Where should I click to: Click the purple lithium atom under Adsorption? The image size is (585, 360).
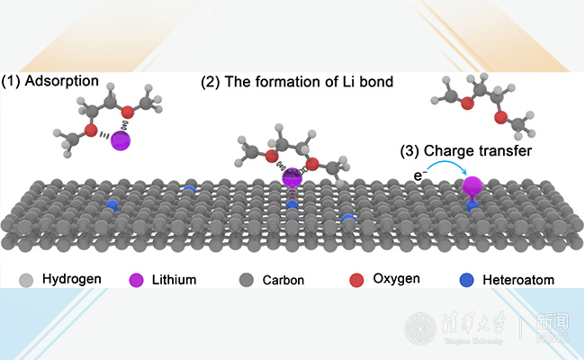[121, 140]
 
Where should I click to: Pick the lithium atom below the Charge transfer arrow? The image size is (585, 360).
[473, 187]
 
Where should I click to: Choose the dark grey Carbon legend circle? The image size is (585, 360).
[246, 280]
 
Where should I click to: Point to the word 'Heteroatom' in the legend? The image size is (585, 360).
[517, 280]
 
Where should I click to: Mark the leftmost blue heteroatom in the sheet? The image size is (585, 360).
[112, 205]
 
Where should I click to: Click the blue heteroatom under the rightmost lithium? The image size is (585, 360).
[472, 207]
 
